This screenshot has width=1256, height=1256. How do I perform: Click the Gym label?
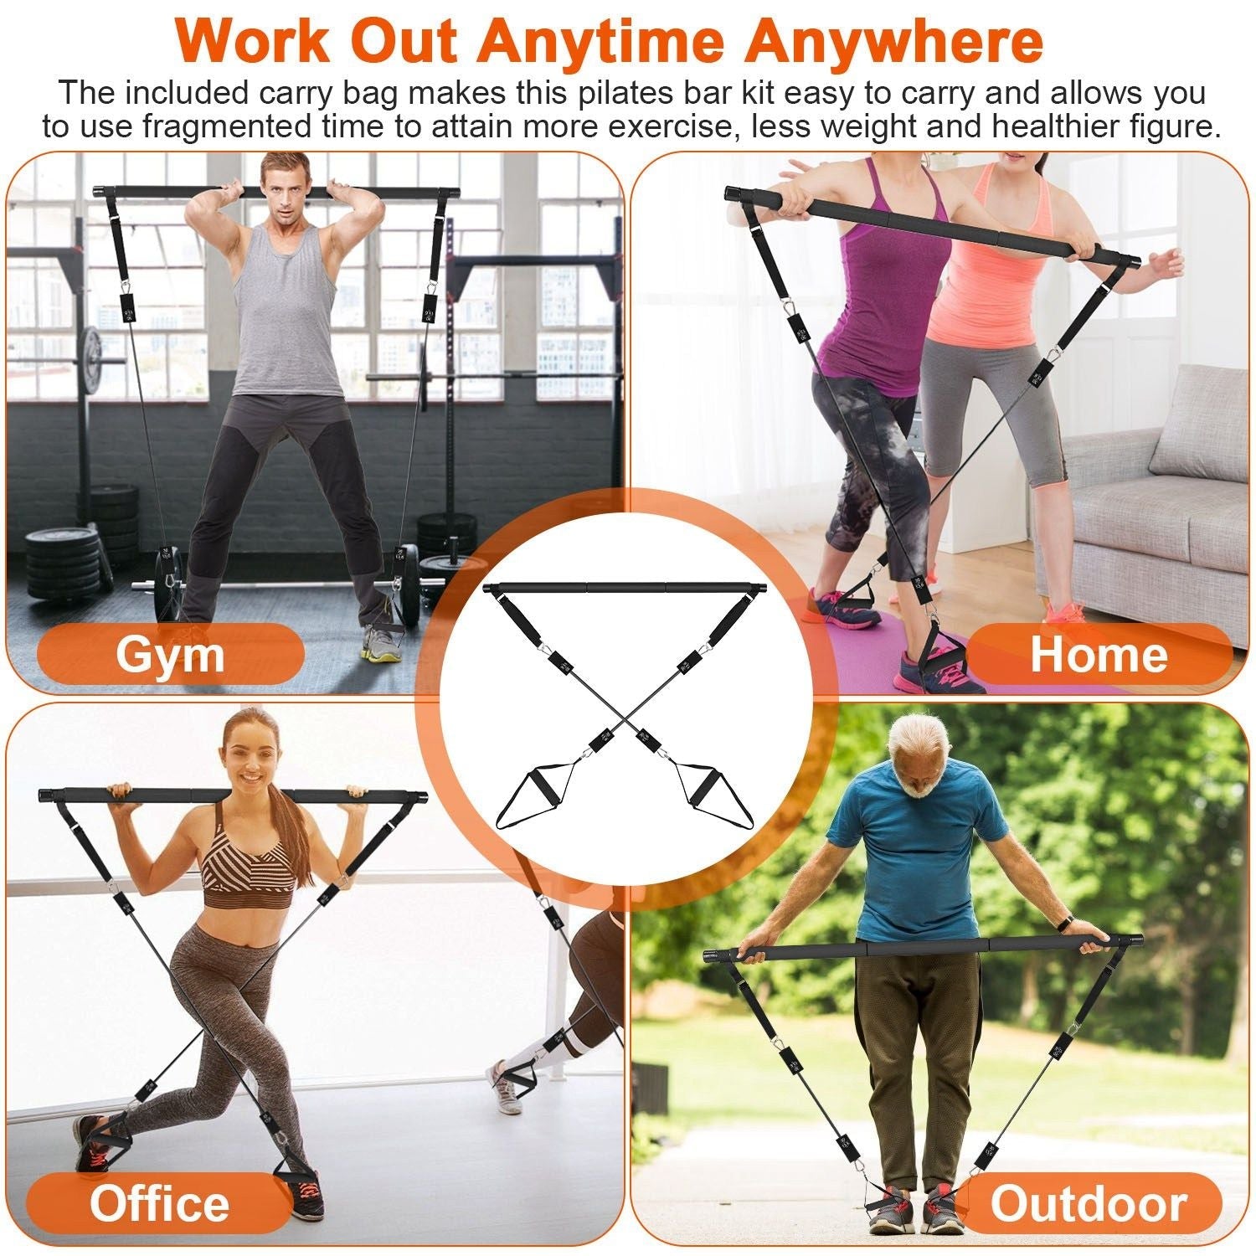tap(170, 654)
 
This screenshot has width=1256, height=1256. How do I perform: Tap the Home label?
tap(1098, 654)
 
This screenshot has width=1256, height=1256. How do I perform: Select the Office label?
tap(159, 1203)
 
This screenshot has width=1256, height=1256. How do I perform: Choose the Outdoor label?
tap(1089, 1203)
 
